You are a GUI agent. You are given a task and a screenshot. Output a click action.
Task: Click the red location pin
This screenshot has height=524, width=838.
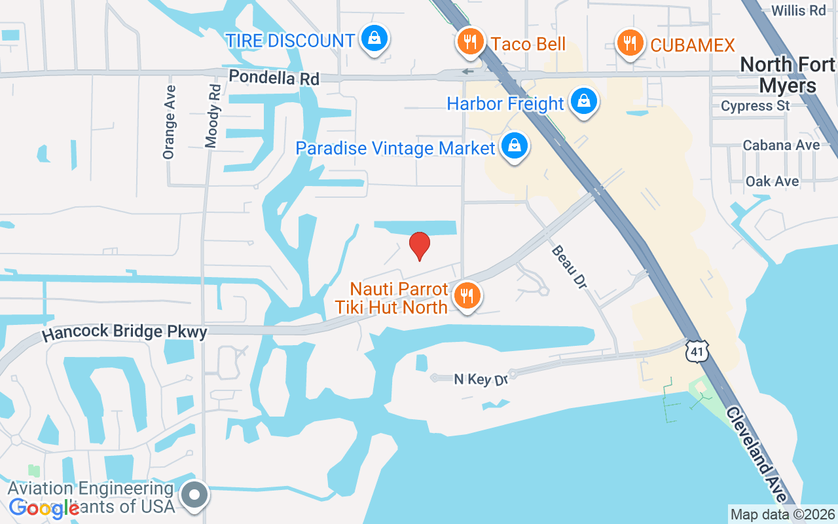pyautogui.click(x=419, y=246)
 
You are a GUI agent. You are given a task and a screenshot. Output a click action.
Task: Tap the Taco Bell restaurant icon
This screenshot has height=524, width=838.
pyautogui.click(x=469, y=42)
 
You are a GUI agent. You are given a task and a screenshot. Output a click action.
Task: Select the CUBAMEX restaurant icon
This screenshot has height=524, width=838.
pyautogui.click(x=630, y=43)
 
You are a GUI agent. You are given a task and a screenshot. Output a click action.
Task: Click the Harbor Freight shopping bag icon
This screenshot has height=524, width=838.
pyautogui.click(x=583, y=102)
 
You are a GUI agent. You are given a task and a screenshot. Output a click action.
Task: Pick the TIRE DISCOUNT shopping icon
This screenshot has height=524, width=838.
pyautogui.click(x=374, y=39)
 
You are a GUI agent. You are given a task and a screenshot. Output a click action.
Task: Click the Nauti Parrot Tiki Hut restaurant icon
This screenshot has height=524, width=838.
pyautogui.click(x=467, y=296)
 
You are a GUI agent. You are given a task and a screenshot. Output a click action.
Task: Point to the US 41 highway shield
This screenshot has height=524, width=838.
pyautogui.click(x=695, y=351)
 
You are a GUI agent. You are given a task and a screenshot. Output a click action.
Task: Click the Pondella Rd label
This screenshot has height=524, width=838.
pyautogui.click(x=274, y=77)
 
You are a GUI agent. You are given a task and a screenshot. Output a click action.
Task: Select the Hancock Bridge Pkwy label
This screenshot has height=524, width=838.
pyautogui.click(x=124, y=333)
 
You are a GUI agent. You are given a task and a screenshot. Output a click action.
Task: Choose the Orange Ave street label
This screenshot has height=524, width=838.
pyautogui.click(x=169, y=122)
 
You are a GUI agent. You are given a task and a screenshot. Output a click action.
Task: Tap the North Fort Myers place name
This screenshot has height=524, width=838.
pyautogui.click(x=788, y=75)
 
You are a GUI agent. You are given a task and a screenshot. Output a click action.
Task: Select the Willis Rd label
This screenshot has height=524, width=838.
pyautogui.click(x=798, y=10)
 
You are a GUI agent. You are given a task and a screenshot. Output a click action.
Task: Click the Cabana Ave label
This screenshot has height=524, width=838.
pyautogui.click(x=781, y=145)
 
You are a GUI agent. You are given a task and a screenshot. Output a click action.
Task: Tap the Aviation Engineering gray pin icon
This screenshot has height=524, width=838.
pyautogui.click(x=194, y=495)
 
